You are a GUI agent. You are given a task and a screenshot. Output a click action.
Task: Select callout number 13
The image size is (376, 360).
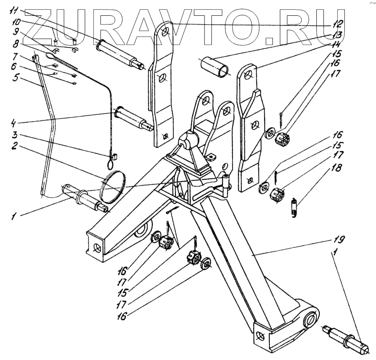pos(337,34)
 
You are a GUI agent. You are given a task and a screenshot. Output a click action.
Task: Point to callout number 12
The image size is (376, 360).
pos(337,23)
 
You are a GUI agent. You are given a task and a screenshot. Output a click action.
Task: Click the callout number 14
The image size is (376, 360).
pos(337,46)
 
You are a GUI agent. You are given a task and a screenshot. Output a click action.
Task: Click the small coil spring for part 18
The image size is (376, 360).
pos(296,207)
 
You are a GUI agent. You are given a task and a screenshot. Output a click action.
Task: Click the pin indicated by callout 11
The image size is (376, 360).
pos(118,53)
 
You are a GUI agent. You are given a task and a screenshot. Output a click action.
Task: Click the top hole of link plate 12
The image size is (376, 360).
pos(165,32)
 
